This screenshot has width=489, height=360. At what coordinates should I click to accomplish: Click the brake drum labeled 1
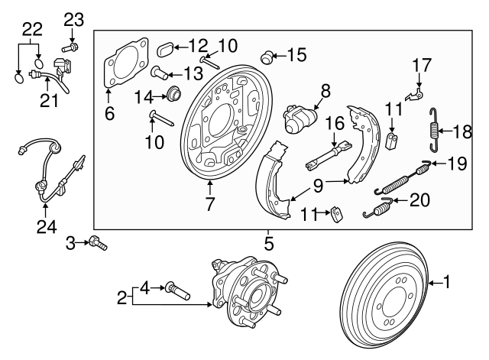tap(385, 298)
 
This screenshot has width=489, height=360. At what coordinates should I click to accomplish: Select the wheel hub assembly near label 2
tap(245, 295)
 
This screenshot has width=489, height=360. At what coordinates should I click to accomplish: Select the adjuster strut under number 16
tap(329, 157)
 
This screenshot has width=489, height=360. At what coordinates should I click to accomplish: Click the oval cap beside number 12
tap(165, 51)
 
